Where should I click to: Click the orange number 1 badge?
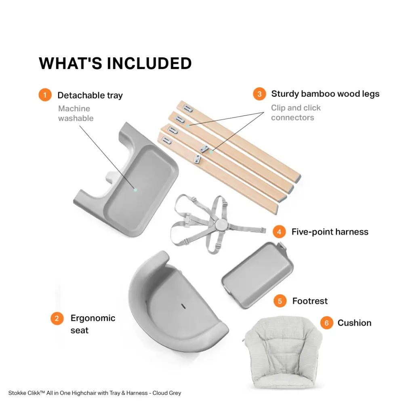coord(45,95)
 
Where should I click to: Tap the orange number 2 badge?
coord(57,318)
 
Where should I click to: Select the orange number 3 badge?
coord(259,94)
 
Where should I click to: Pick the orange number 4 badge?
coord(279,232)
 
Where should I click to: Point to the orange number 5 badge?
coord(280,301)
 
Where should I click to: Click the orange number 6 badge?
coord(327,323)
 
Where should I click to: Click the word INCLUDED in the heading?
coord(149,63)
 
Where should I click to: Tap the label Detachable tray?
coord(90,95)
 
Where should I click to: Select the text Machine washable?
coord(76,114)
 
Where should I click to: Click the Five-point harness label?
coord(330,232)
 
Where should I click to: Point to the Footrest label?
coord(310,301)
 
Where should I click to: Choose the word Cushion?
coord(355,323)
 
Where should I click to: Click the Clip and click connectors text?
coord(296,113)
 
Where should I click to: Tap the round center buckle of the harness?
coord(221,224)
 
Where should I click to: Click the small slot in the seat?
coord(183,306)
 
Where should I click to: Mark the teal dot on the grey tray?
coord(135,190)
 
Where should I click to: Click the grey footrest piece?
coord(257,275)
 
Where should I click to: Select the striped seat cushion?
coord(283,352)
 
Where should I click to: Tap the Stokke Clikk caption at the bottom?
coord(95,393)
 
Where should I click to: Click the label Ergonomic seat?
coord(93,324)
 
